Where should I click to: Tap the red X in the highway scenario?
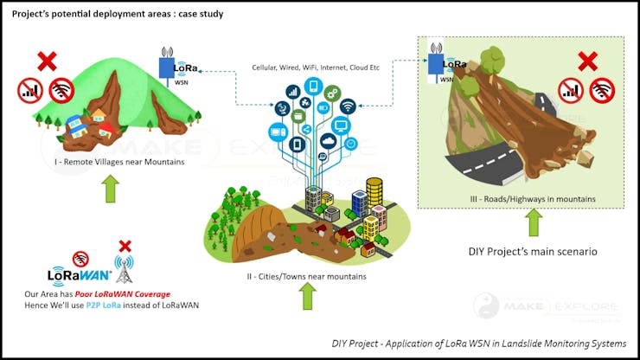588,61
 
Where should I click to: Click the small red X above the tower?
125,246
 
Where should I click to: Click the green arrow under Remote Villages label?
111,188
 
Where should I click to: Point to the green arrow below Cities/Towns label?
308,297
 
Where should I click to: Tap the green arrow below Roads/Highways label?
534,223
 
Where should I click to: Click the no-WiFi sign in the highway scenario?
601,89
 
